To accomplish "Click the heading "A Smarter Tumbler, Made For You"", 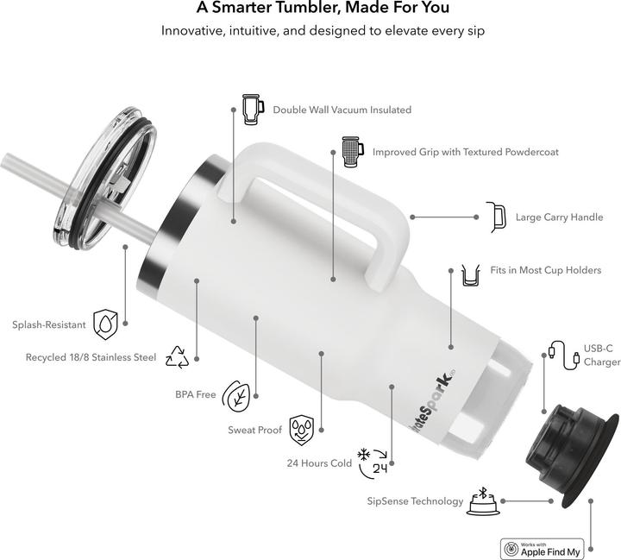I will [x=310, y=9].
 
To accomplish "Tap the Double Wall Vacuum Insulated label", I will [x=342, y=110].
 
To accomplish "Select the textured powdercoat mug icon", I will [x=351, y=151].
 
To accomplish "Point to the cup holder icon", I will [x=471, y=274].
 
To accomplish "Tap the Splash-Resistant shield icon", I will [x=105, y=323].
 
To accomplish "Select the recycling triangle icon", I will [x=177, y=356].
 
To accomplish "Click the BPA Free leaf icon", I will [x=236, y=395].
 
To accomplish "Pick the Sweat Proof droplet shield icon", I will [x=302, y=427].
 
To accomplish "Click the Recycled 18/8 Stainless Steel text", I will [x=91, y=357].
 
